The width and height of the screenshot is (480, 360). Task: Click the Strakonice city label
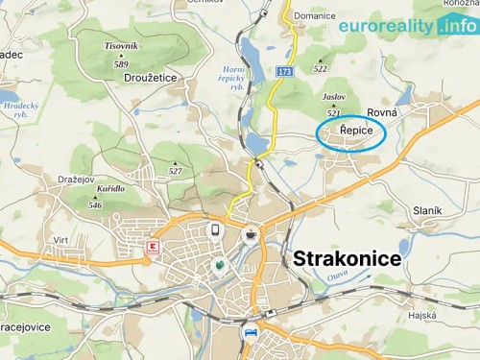[347, 259]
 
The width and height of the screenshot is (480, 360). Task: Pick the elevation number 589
[120, 64]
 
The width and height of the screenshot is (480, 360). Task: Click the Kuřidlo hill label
[109, 188]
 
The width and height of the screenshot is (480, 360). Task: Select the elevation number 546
[95, 204]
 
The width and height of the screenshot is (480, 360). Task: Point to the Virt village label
[60, 241]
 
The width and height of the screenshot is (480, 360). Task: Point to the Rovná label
[382, 112]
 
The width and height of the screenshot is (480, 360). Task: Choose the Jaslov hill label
[333, 97]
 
